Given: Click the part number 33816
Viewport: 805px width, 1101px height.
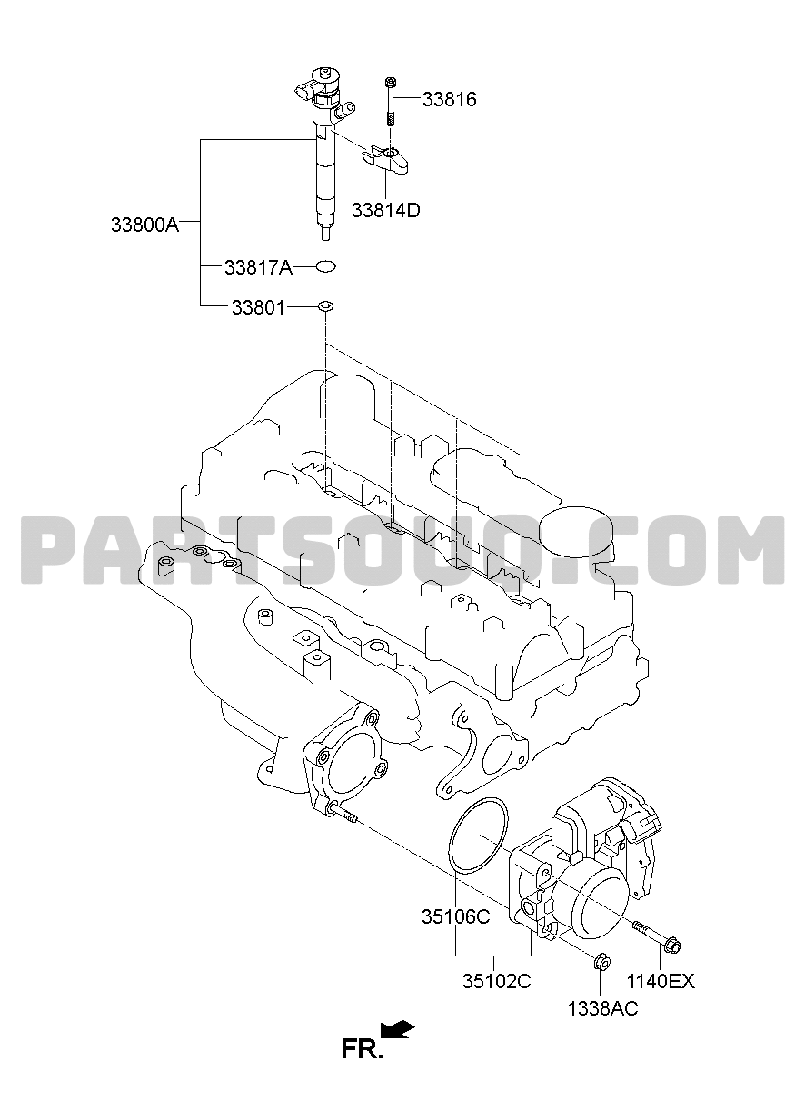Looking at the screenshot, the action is tap(450, 100).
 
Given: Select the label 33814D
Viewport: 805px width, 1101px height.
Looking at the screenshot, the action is tap(386, 210).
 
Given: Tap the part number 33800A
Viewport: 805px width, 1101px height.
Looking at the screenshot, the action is tap(144, 225).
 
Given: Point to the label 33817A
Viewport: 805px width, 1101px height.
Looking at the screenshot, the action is tap(258, 268).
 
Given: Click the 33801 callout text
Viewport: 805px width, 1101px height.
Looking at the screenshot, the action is tap(258, 308).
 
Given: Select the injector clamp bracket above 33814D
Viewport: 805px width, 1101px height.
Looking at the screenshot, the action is tap(384, 160).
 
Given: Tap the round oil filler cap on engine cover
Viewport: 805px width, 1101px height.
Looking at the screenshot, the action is tap(576, 532).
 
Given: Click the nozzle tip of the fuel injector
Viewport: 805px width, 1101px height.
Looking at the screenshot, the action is tap(325, 233).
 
